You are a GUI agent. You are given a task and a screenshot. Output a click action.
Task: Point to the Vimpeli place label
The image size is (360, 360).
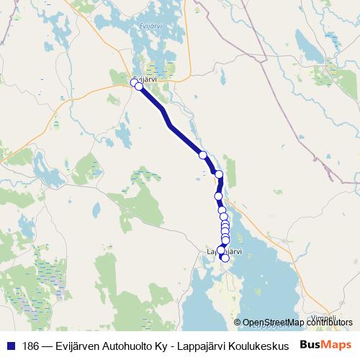(323, 317)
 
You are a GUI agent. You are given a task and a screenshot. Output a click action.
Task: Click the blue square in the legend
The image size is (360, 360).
(10, 345)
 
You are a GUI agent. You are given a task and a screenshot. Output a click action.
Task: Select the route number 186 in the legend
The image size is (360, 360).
(31, 345)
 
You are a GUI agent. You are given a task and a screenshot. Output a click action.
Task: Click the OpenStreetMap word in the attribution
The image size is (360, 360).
(274, 322)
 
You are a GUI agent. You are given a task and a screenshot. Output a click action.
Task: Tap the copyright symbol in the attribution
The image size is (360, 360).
(238, 322)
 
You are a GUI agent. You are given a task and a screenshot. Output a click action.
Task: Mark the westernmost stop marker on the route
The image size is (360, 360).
(133, 83)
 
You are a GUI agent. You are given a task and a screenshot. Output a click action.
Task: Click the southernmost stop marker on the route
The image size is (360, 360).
(225, 258)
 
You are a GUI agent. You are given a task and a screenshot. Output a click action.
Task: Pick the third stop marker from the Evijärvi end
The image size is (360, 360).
(203, 155)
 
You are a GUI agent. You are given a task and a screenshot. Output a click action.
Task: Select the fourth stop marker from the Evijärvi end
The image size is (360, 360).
(219, 174)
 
